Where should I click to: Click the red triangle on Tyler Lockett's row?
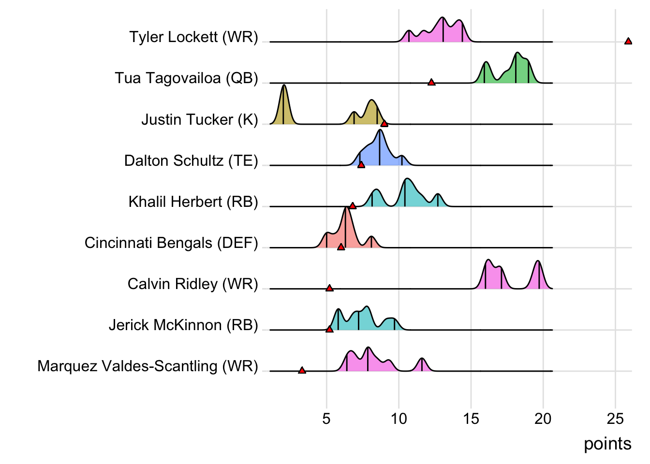point(628,42)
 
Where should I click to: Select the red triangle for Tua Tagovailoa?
point(431,83)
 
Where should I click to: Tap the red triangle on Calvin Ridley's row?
point(329,288)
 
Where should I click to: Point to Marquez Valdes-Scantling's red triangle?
point(302,370)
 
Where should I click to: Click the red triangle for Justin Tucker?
point(384,124)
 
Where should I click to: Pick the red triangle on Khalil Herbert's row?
point(353,206)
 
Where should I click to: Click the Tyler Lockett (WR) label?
point(193,37)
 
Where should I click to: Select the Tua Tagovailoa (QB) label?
point(186,78)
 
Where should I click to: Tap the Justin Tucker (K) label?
point(199,119)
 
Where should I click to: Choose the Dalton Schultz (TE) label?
point(191,160)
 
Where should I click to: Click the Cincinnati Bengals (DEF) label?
point(171,243)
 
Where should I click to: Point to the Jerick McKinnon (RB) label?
point(183,325)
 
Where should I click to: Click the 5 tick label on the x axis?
point(326,419)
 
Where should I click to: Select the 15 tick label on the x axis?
point(471,419)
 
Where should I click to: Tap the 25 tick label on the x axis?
point(615,419)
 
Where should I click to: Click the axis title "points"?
point(607,444)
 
